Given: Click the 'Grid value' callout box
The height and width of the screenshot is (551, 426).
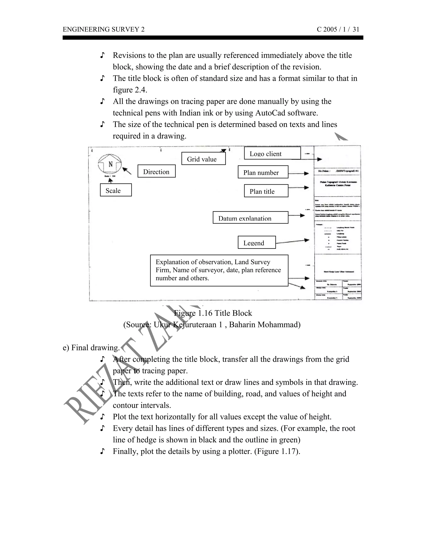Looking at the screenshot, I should [203, 159].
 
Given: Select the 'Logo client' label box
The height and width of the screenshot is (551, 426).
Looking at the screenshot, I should [272, 153].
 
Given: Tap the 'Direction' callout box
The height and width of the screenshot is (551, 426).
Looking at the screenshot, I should [156, 171].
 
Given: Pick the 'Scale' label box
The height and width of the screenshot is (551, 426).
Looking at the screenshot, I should [116, 190].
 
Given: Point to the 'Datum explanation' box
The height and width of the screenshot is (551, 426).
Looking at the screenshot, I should [250, 217].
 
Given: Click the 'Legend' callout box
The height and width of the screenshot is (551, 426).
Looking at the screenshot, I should [257, 242].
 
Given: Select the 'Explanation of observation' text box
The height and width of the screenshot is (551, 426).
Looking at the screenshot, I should [219, 270].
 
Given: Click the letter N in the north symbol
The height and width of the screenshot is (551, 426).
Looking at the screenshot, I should [110, 164].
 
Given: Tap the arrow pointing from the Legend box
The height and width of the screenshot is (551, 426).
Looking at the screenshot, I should [293, 241].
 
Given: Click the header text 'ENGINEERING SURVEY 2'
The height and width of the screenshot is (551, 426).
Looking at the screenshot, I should [104, 30].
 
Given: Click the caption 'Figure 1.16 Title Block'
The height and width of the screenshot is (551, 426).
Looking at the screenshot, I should [213, 313].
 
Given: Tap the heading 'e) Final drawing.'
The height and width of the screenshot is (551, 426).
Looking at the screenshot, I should [91, 348].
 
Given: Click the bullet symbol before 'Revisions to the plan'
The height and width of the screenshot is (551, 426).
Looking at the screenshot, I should [102, 55].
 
